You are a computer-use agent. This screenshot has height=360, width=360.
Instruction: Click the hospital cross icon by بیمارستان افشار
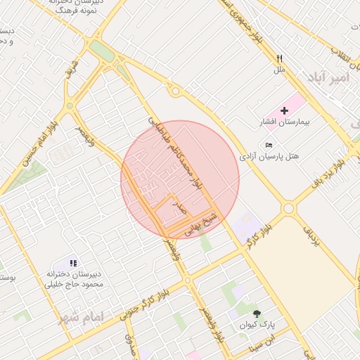click(284, 110)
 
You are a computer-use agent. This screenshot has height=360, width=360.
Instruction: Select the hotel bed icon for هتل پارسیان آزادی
click(270, 145)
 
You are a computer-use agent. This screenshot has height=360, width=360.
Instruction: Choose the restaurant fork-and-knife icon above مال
click(279, 59)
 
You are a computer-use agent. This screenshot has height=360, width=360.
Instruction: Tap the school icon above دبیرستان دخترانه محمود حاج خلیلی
click(74, 263)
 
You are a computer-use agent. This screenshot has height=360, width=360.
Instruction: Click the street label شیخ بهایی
click(202, 223)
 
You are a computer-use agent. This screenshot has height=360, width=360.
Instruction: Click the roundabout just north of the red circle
click(174, 91)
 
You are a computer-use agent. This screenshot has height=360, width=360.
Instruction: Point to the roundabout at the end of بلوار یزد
click(288, 208)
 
